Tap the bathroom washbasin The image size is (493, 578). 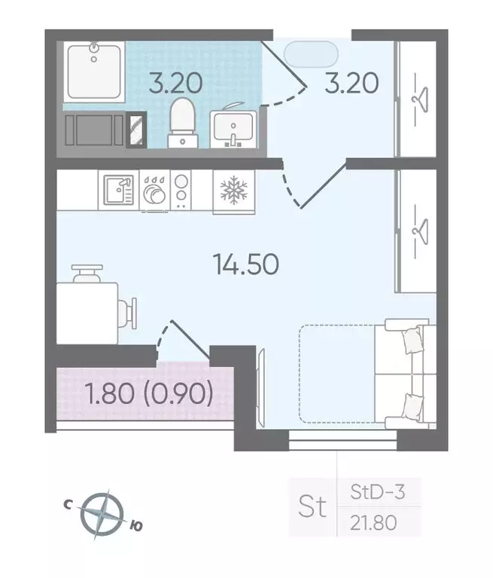click(x=233, y=128)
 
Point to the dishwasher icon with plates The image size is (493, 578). click(x=154, y=191)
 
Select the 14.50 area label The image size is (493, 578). click(x=246, y=264)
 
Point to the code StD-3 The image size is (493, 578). click(x=378, y=494)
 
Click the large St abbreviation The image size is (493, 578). click(x=313, y=507)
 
